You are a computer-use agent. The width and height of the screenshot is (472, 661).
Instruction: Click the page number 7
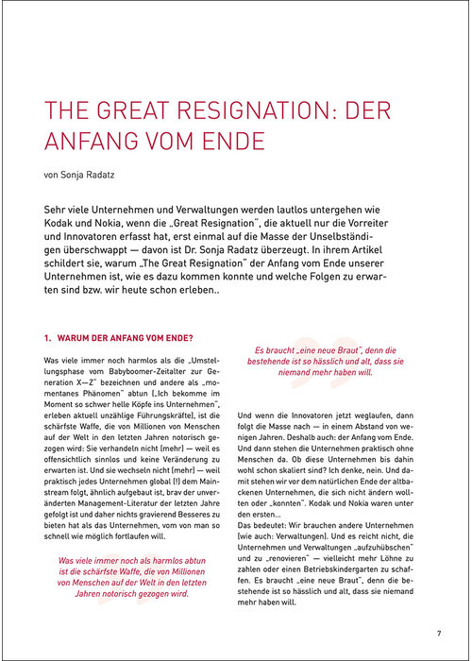click(439, 632)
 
